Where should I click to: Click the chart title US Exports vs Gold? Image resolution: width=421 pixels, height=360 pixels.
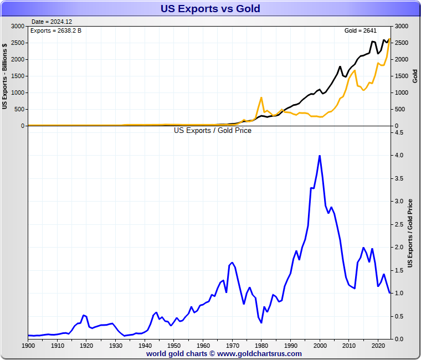pyautogui.click(x=210, y=8)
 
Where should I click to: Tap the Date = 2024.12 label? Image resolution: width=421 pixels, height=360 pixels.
pyautogui.click(x=52, y=22)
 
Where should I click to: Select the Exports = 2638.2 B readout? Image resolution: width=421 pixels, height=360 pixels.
pyautogui.click(x=55, y=30)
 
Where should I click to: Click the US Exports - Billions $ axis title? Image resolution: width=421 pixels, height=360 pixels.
pyautogui.click(x=5, y=76)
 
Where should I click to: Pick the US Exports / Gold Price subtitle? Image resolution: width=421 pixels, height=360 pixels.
pyautogui.click(x=213, y=131)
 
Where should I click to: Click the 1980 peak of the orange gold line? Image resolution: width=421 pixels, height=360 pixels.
pyautogui.click(x=261, y=98)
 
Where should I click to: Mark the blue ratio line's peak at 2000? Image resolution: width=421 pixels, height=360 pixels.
pyautogui.click(x=320, y=156)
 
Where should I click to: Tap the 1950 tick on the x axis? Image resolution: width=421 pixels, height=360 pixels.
pyautogui.click(x=173, y=346)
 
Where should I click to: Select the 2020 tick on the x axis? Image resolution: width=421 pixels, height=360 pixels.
pyautogui.click(x=378, y=346)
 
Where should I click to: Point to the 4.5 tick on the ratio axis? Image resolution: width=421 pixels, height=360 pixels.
pyautogui.click(x=399, y=133)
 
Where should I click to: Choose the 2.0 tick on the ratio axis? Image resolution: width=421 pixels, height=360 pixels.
pyautogui.click(x=399, y=247)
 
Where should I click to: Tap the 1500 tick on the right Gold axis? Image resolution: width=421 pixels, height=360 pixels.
pyautogui.click(x=401, y=76)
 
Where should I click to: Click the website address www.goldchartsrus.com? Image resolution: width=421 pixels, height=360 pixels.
pyautogui.click(x=259, y=353)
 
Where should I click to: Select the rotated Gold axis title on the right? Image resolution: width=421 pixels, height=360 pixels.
pyautogui.click(x=414, y=76)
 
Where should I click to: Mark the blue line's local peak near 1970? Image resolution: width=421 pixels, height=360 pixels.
pyautogui.click(x=232, y=263)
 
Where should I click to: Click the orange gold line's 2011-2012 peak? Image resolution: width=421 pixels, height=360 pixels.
pyautogui.click(x=355, y=70)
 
